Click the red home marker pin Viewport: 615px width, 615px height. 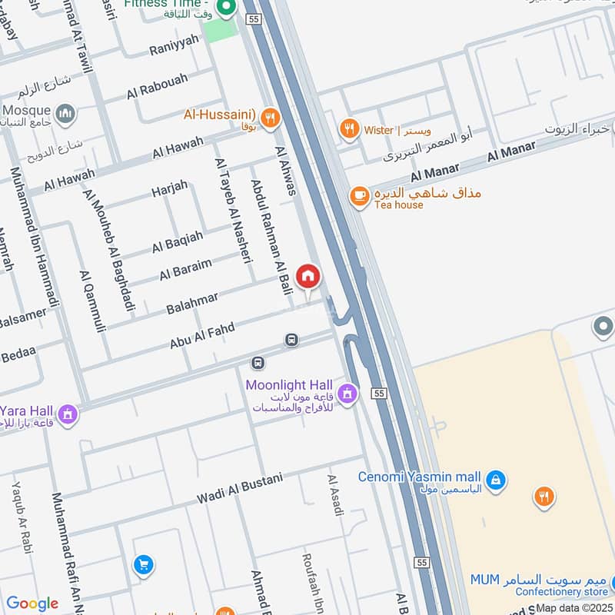click(x=308, y=276)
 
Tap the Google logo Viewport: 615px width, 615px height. click(x=32, y=603)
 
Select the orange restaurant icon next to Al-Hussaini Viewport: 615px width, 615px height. click(x=269, y=117)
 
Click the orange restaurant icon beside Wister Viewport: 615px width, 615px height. click(x=350, y=128)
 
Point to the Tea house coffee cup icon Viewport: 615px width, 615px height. click(x=359, y=196)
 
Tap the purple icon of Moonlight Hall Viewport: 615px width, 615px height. click(x=347, y=394)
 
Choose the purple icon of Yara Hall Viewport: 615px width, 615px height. click(x=68, y=414)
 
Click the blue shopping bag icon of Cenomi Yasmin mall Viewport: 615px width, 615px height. click(x=497, y=479)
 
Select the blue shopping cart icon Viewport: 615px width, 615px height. click(x=142, y=565)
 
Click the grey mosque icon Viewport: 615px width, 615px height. click(x=66, y=114)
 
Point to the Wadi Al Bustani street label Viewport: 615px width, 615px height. click(x=240, y=488)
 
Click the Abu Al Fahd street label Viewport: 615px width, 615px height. click(x=202, y=336)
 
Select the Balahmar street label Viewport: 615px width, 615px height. click(x=192, y=303)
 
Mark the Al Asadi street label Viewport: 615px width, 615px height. click(x=335, y=496)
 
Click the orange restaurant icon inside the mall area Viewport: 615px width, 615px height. click(x=544, y=497)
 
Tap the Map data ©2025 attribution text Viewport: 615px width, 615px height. click(x=574, y=608)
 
